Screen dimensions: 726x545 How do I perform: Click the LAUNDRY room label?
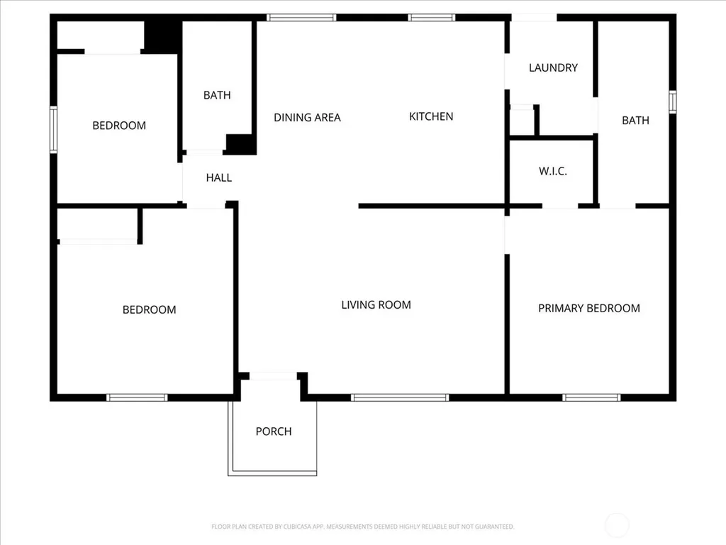[x=553, y=67]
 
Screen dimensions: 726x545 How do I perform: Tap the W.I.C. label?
[x=553, y=171]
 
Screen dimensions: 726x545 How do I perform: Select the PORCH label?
[x=274, y=431]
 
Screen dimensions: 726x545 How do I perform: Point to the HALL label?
[x=219, y=177]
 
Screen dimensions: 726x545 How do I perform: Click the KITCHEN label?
[x=431, y=116]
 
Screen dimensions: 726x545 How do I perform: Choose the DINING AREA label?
[x=307, y=118]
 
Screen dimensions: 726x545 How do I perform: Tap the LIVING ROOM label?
[x=376, y=305]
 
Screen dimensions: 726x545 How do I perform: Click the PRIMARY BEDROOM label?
[x=589, y=308]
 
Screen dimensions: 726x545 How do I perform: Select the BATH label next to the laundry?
[x=635, y=121]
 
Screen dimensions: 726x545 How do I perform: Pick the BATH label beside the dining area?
[x=217, y=95]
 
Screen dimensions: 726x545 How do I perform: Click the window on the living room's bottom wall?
[x=400, y=397]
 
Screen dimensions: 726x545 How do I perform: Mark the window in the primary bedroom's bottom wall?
[x=591, y=397]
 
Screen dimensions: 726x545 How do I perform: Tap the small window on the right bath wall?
[x=672, y=102]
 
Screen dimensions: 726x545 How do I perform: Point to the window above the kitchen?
[x=431, y=18]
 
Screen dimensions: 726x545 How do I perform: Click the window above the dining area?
[x=301, y=18]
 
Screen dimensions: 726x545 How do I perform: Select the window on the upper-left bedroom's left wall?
[x=53, y=130]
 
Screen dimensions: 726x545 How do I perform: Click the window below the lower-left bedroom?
[x=137, y=397]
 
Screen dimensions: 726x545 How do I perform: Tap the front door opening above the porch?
[x=273, y=376]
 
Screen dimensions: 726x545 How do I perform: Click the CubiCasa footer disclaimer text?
[x=362, y=527]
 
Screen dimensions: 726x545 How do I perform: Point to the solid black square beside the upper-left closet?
[x=162, y=36]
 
